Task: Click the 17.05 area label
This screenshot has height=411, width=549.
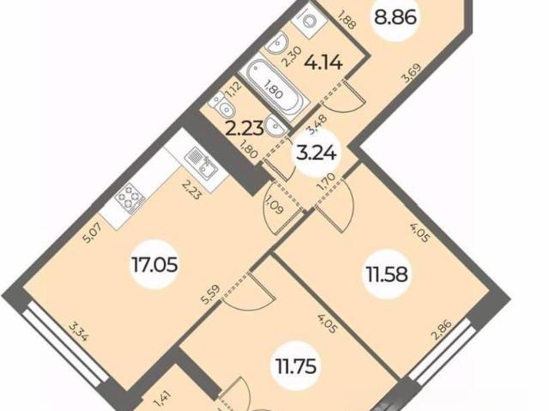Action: pyautogui.click(x=154, y=264)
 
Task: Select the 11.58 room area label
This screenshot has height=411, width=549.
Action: pyautogui.click(x=386, y=274)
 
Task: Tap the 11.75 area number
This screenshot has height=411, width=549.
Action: pyautogui.click(x=296, y=366)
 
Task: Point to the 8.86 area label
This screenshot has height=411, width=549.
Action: pyautogui.click(x=395, y=17)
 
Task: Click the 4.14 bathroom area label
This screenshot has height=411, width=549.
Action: pyautogui.click(x=323, y=63)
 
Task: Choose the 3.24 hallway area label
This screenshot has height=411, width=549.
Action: pyautogui.click(x=317, y=154)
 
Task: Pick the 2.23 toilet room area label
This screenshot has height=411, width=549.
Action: pyautogui.click(x=244, y=129)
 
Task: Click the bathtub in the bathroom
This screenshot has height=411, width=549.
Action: pyautogui.click(x=274, y=90)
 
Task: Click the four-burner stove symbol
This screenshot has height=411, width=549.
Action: pyautogui.click(x=130, y=198)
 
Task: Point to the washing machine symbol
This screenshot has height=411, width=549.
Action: pyautogui.click(x=309, y=19)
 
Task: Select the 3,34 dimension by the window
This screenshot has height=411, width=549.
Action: pyautogui.click(x=78, y=333)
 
